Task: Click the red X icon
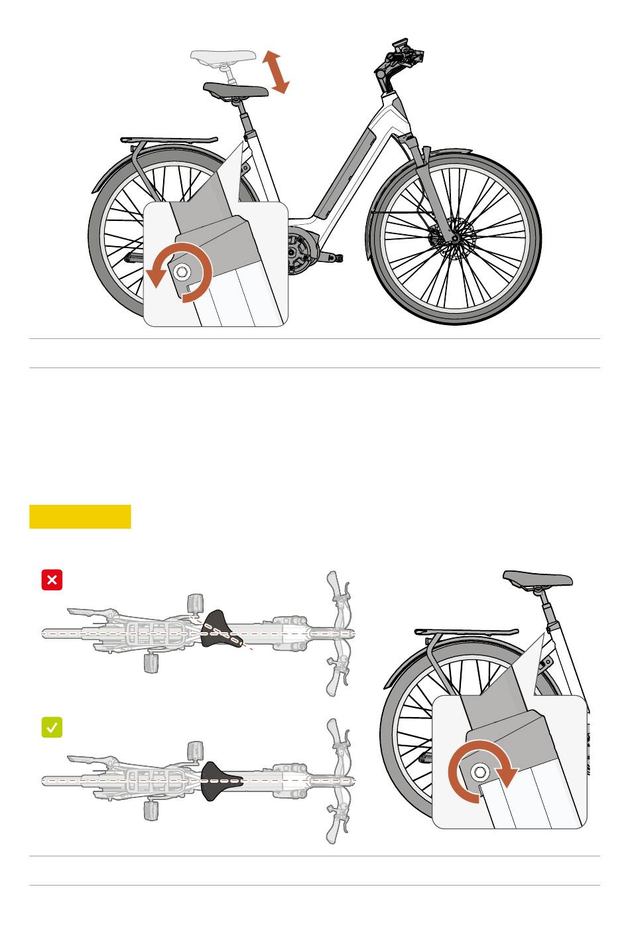click(52, 580)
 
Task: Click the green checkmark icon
click(52, 728)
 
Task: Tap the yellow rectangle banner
click(80, 517)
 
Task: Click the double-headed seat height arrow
click(275, 72)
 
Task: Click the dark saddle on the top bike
click(235, 90)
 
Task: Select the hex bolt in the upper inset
click(181, 271)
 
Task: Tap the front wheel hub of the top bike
click(454, 237)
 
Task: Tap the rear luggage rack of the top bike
click(169, 140)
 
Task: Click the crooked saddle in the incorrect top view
click(221, 630)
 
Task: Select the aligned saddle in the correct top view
click(220, 780)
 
